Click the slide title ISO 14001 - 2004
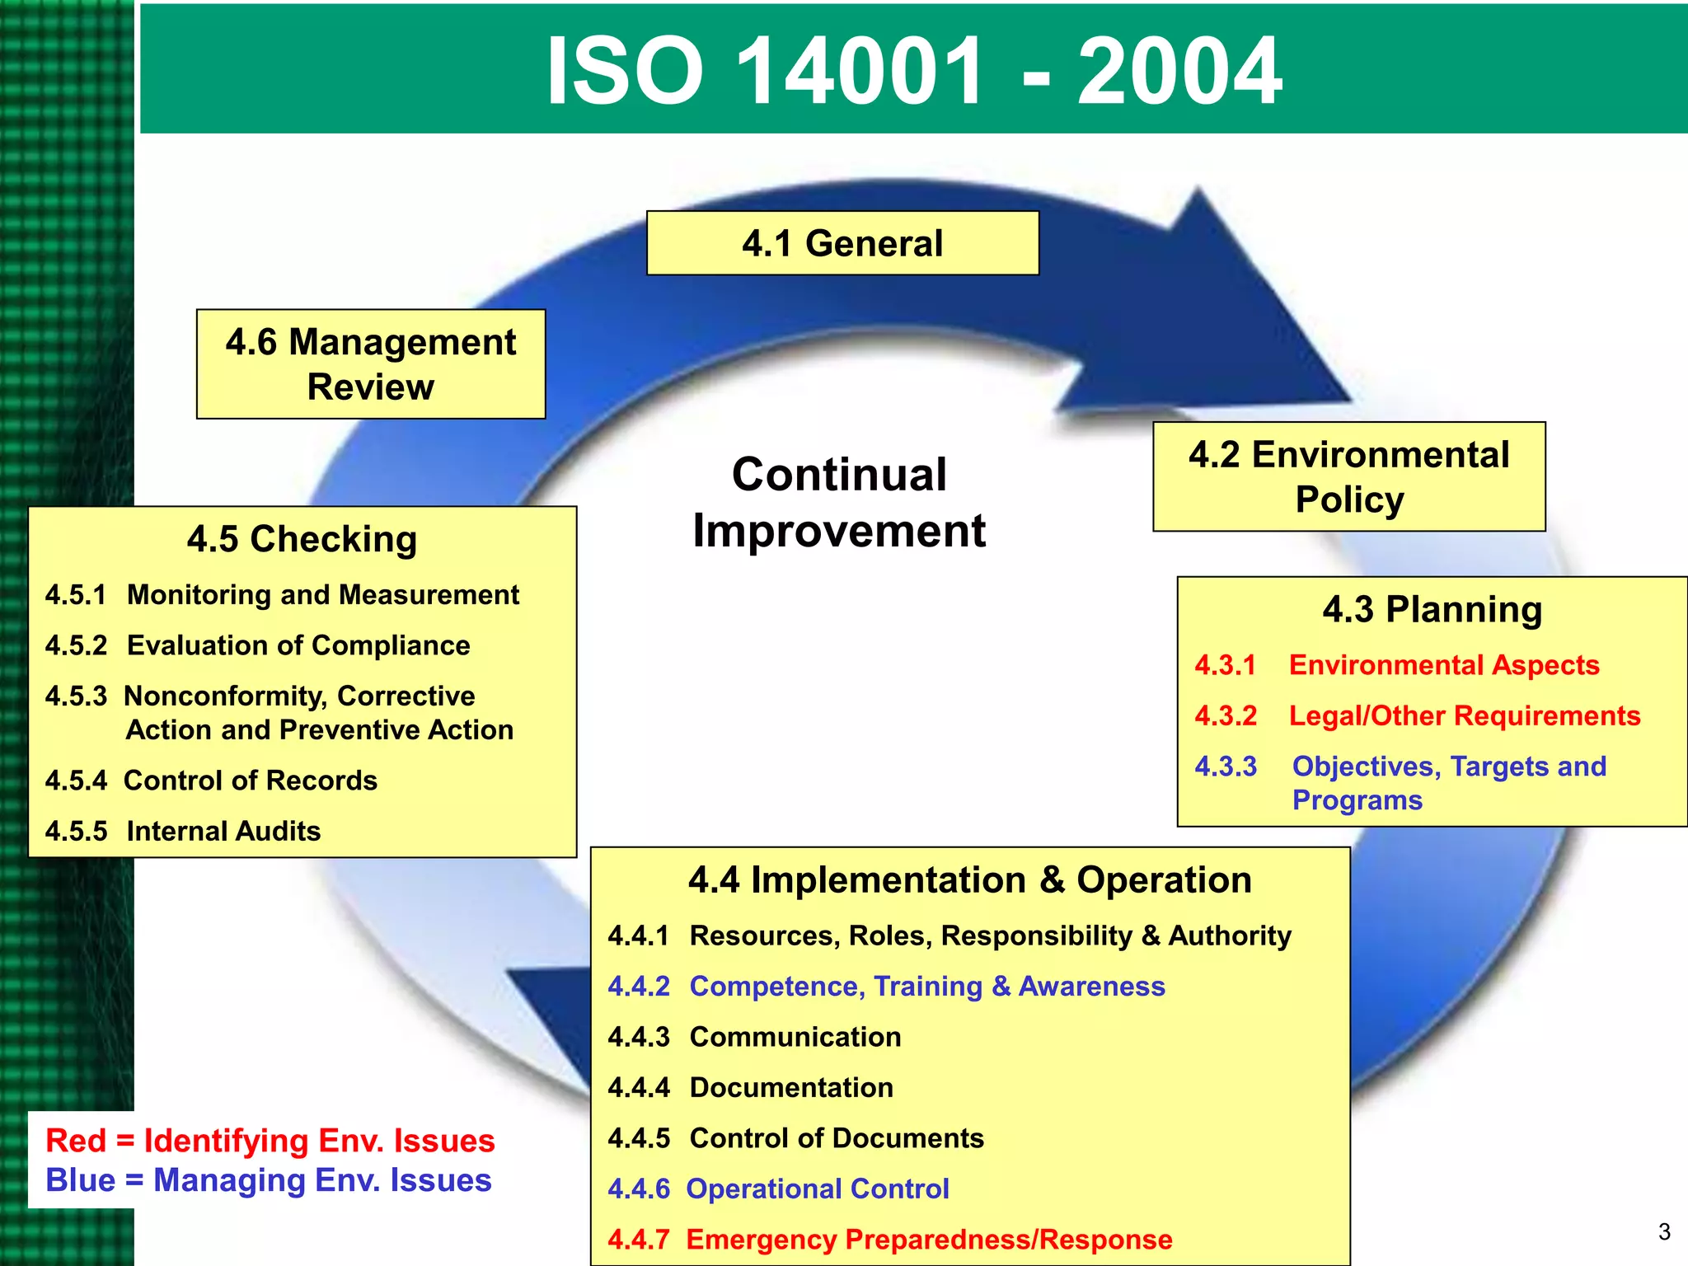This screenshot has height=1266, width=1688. [x=913, y=71]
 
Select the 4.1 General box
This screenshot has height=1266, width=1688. [x=842, y=243]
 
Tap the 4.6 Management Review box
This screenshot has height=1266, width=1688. [x=371, y=364]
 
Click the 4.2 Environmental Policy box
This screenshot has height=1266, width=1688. [x=1348, y=476]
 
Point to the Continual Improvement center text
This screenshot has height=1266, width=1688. [x=839, y=502]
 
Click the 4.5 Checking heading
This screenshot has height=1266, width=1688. [x=302, y=539]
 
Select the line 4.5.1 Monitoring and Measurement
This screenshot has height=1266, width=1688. [x=282, y=594]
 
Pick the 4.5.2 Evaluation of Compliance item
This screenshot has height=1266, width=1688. [x=257, y=645]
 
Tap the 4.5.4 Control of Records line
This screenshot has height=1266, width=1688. [x=211, y=781]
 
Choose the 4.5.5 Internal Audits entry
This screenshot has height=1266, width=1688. [x=183, y=831]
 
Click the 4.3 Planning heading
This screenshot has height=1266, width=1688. [x=1432, y=610]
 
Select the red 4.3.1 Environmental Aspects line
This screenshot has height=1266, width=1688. [x=1397, y=665]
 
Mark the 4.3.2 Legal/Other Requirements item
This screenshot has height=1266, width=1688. [x=1418, y=715]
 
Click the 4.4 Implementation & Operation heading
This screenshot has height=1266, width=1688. [x=970, y=880]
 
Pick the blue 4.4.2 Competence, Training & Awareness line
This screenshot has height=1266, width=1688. [x=886, y=987]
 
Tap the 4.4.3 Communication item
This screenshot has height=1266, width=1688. [x=754, y=1037]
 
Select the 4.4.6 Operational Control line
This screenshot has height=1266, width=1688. [x=778, y=1189]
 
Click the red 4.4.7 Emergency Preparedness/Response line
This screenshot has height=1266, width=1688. [x=890, y=1240]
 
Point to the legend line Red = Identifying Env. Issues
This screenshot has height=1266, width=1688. [x=270, y=1141]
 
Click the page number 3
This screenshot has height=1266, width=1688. [x=1664, y=1232]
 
